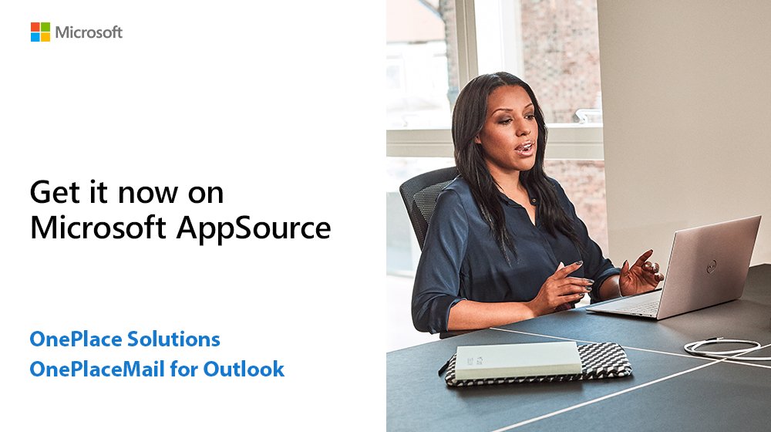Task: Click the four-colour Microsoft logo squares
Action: (40, 32)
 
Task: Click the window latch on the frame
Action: (588, 116)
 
